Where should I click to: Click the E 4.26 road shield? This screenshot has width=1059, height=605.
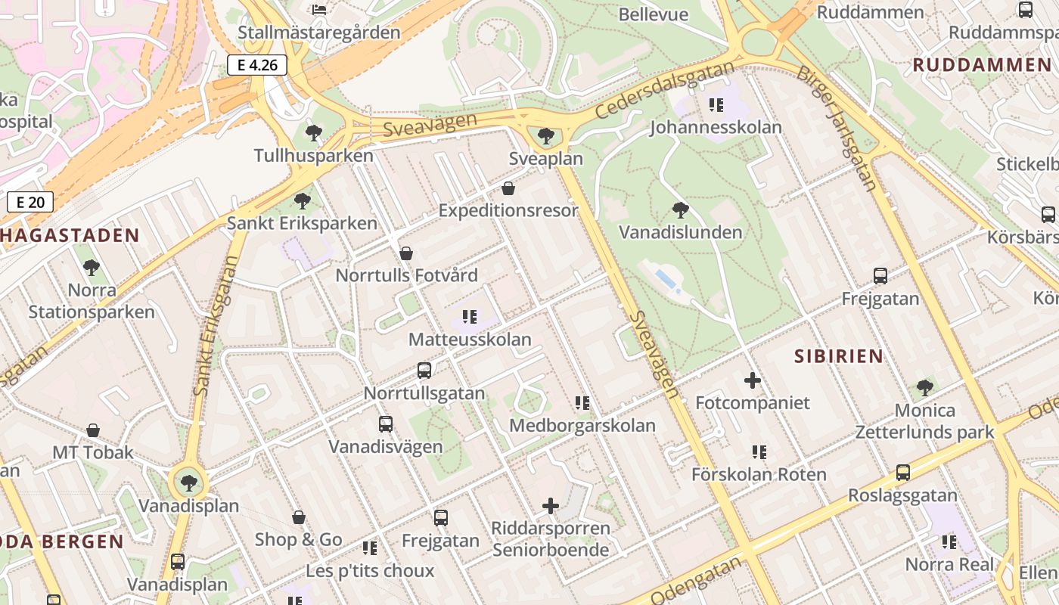coord(257,65)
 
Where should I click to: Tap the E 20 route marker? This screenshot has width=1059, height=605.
coord(30,202)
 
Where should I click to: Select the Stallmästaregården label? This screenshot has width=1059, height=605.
coord(318,33)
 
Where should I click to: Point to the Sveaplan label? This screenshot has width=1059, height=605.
coord(545,159)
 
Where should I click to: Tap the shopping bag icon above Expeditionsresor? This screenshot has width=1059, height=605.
coord(508,188)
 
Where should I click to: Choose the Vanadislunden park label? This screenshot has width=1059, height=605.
coord(680,231)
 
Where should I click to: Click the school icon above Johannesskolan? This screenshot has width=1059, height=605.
coord(716,105)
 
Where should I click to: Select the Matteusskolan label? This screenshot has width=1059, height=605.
coord(470,340)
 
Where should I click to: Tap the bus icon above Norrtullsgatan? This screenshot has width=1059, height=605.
coord(424,371)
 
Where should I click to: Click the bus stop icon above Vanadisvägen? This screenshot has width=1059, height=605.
coord(386,424)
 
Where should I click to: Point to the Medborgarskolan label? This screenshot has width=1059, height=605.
coord(582,425)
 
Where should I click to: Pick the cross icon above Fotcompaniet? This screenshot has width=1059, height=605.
coord(752,380)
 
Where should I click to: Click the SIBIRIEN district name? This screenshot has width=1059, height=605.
coord(839,356)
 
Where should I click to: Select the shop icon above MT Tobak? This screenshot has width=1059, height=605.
coord(92,430)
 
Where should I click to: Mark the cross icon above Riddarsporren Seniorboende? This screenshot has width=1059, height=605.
coord(551,506)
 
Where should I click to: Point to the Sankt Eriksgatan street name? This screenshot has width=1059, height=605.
coord(216,325)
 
